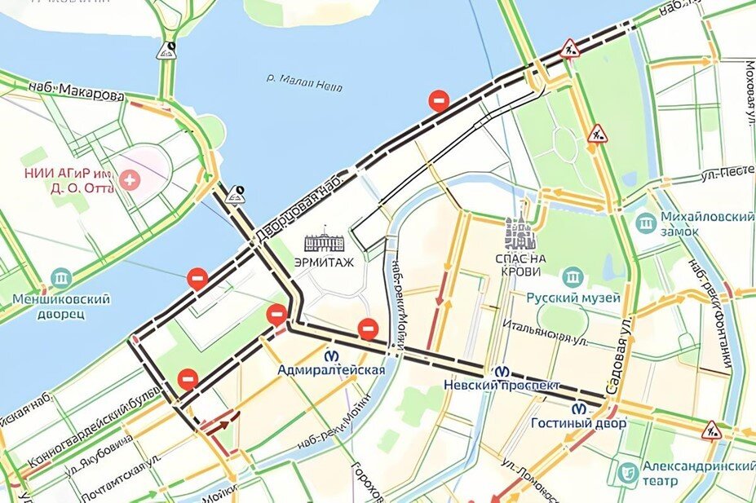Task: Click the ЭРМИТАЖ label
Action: (324, 262)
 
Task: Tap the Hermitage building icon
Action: (325, 242)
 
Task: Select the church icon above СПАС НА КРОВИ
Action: (519, 232)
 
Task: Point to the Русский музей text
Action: (573, 298)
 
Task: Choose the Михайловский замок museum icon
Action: (646, 223)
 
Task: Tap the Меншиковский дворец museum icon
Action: (61, 278)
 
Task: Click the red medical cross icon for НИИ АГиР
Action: (128, 179)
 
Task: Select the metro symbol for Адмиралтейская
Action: (333, 355)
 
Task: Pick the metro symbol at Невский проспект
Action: (495, 369)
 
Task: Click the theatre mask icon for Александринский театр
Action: (627, 472)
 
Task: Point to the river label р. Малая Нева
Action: (303, 81)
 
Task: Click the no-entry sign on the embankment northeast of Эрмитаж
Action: (439, 100)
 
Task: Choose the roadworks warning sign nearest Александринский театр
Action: (712, 427)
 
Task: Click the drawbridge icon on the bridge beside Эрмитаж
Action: (237, 194)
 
